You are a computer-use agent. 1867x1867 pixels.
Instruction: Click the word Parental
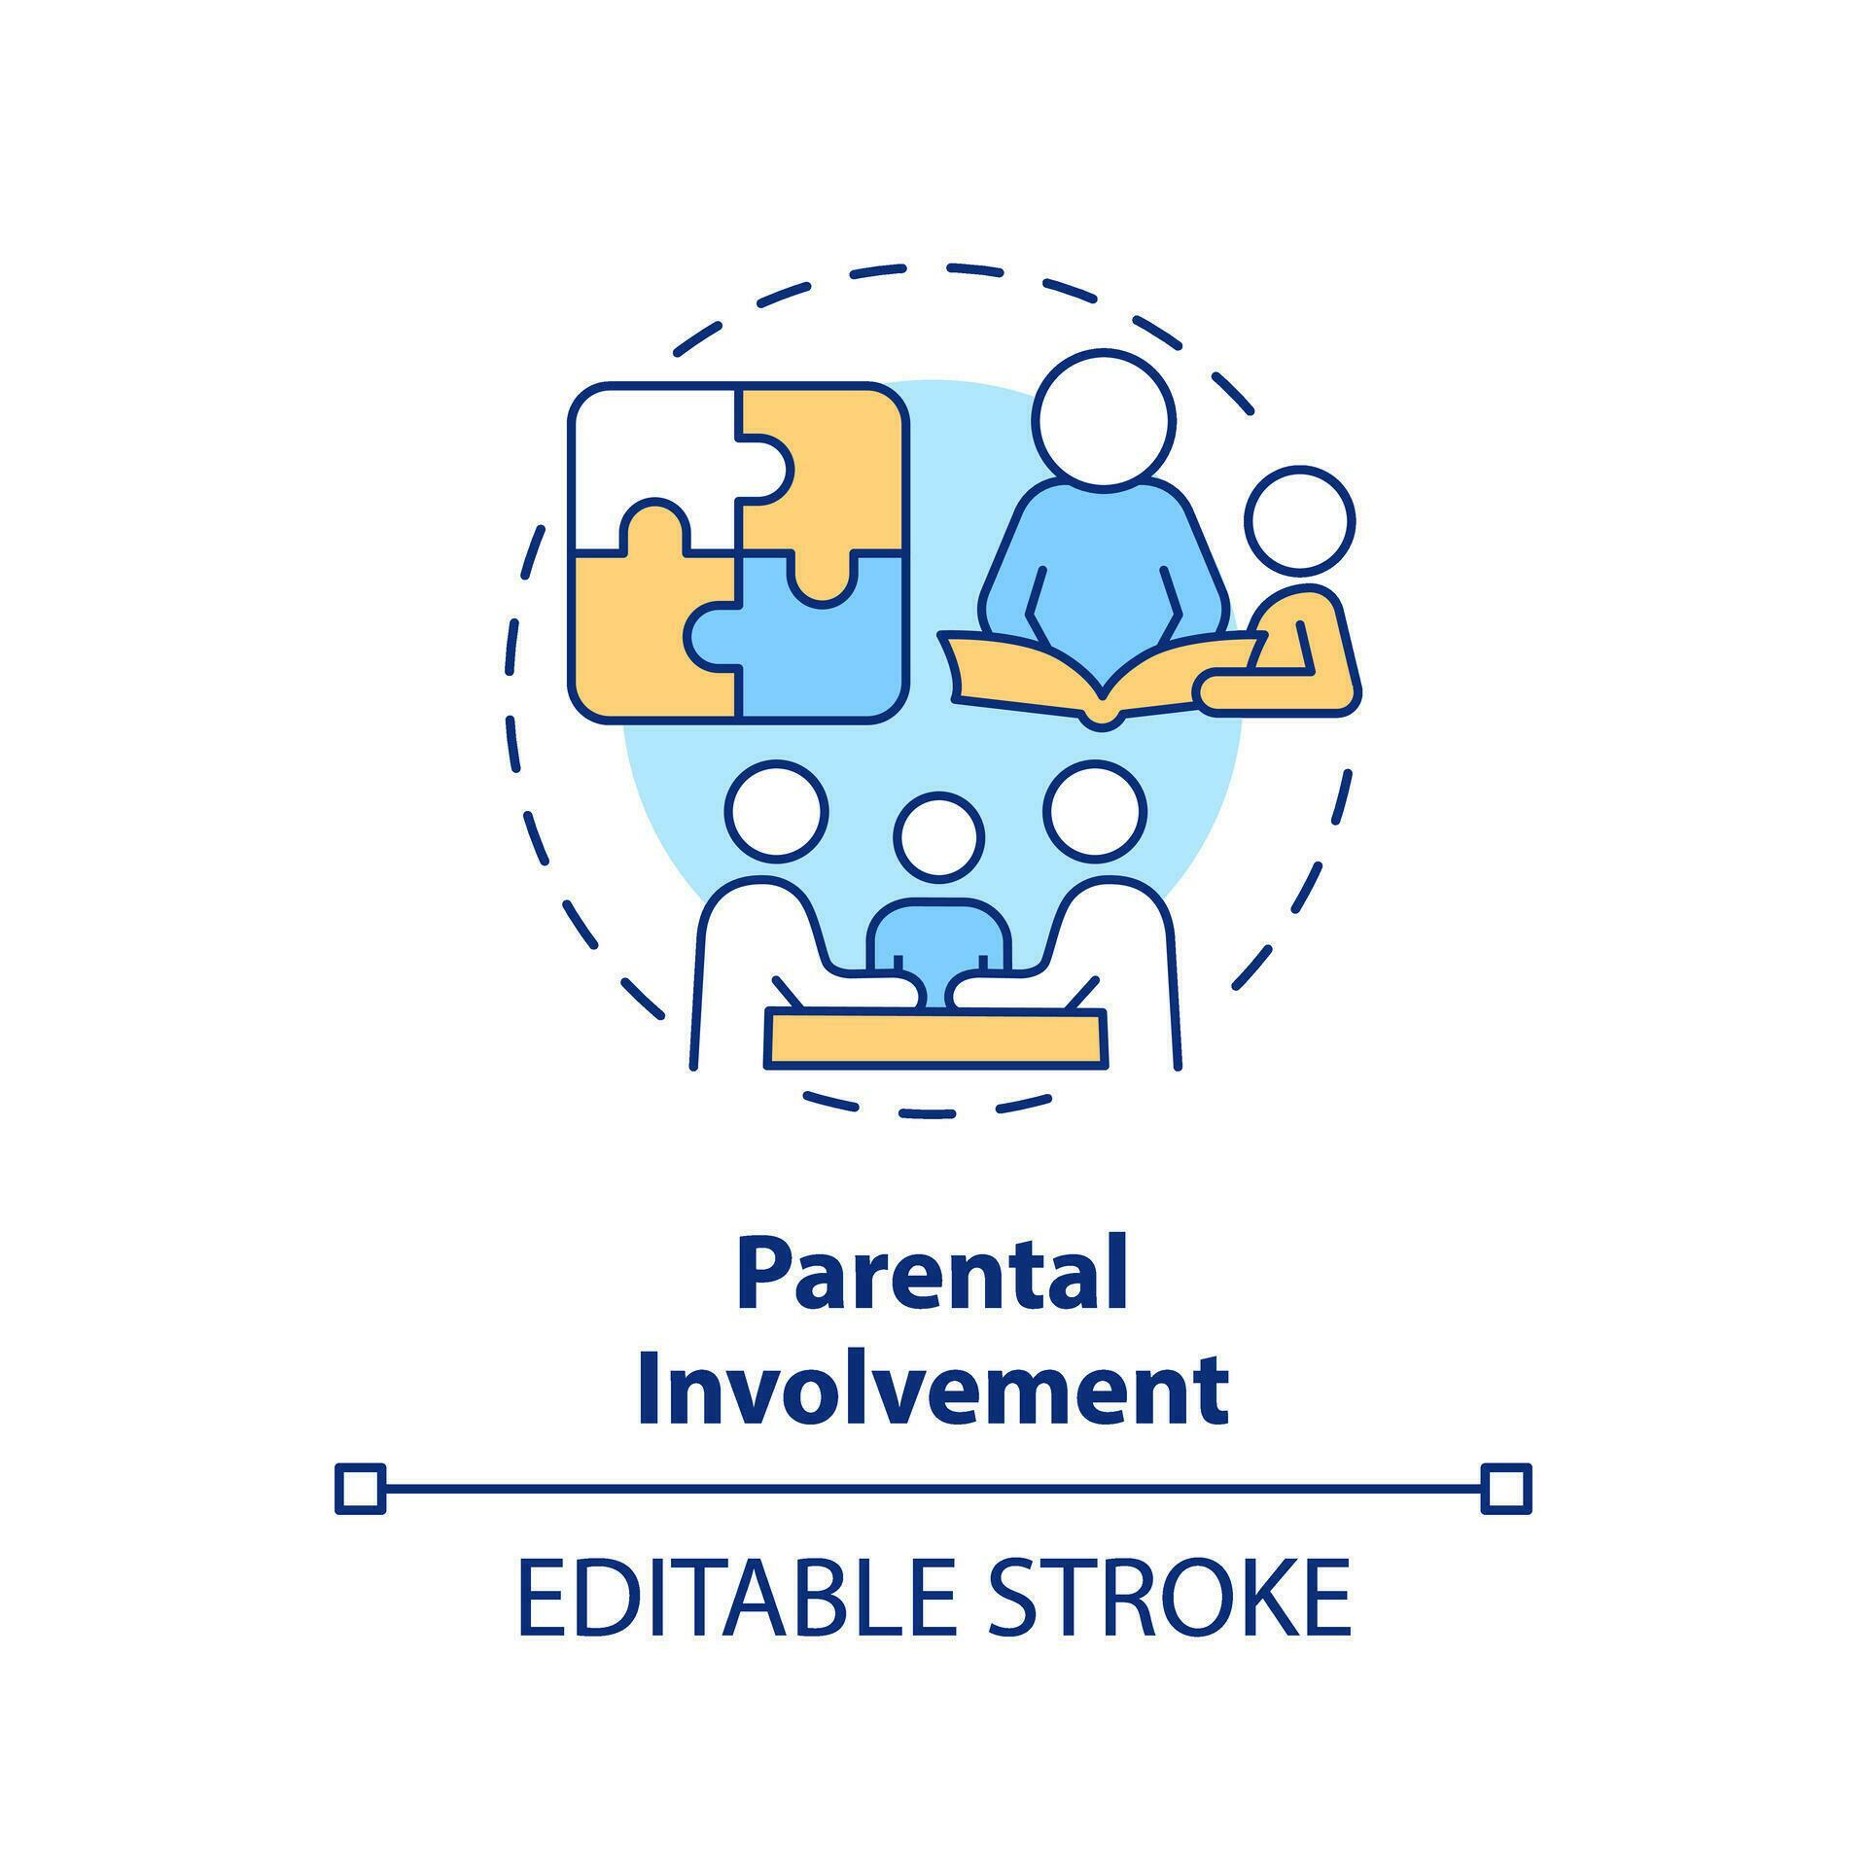(x=933, y=1275)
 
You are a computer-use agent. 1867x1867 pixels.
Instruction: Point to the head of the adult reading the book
(x=1104, y=418)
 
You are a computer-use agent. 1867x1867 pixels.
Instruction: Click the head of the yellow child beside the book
(x=1300, y=521)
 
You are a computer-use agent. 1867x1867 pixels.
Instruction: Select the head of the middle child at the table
(x=939, y=837)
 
